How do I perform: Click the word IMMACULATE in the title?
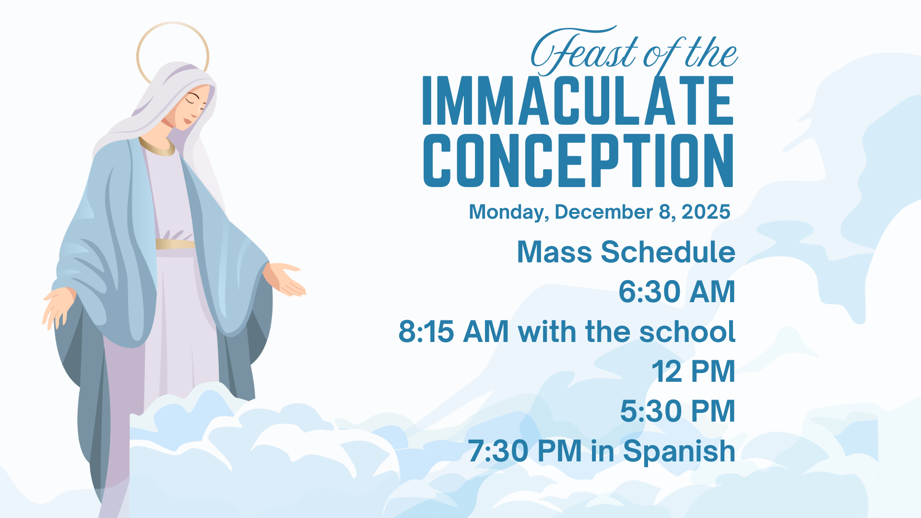578,100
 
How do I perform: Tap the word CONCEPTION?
578,160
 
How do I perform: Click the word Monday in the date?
509,212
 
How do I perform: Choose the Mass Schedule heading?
626,252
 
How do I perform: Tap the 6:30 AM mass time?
677,292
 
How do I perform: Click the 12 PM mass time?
693,371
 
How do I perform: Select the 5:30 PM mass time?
678,411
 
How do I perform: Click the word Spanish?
679,452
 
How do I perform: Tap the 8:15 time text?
426,331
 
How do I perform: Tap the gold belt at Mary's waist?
175,244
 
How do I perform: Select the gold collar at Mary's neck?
157,148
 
